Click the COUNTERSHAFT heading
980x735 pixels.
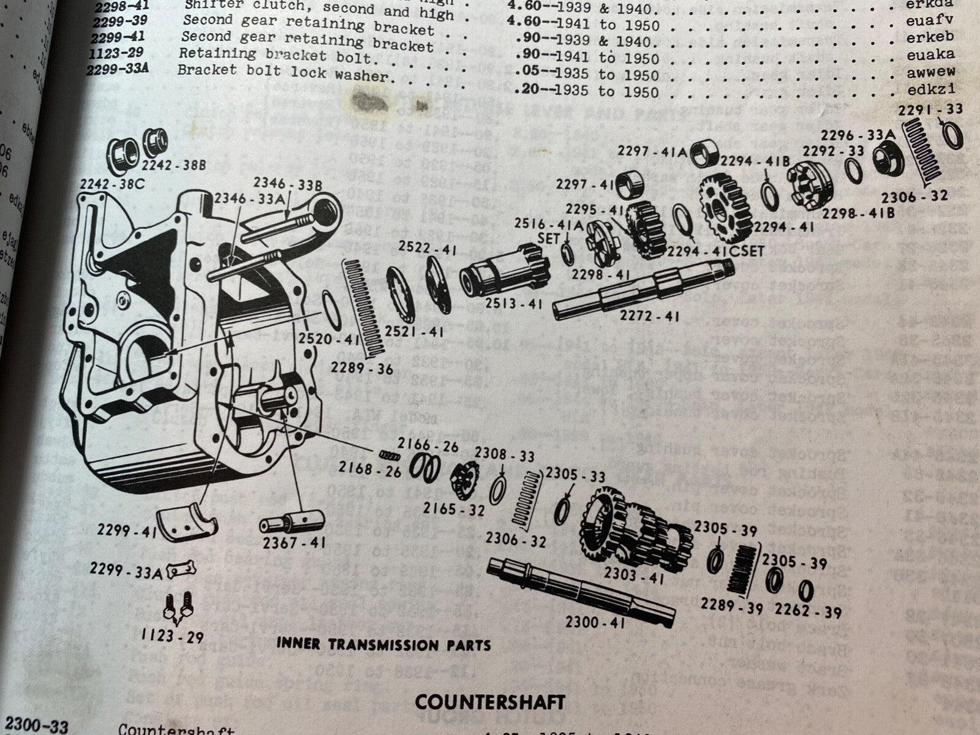pos(490,701)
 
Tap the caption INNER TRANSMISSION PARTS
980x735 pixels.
pos(383,644)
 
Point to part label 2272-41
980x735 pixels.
pos(649,317)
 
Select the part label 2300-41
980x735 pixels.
pos(595,622)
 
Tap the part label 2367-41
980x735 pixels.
pos(295,543)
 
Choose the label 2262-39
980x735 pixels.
pos(808,611)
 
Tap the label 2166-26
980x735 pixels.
pos(428,445)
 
